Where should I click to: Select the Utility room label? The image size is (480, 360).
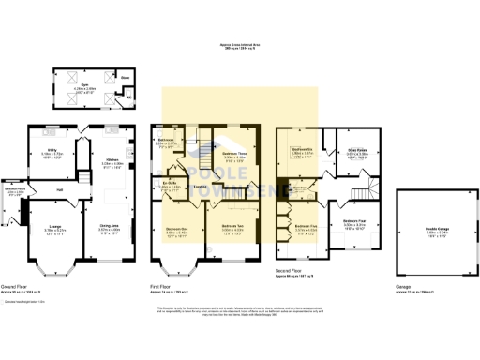[x=52, y=149]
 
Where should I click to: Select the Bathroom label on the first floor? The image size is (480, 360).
[x=166, y=140]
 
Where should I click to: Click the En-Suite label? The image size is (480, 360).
[x=170, y=184]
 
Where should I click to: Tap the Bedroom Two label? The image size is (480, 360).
[x=233, y=225]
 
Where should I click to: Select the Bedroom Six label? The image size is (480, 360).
[x=300, y=148]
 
